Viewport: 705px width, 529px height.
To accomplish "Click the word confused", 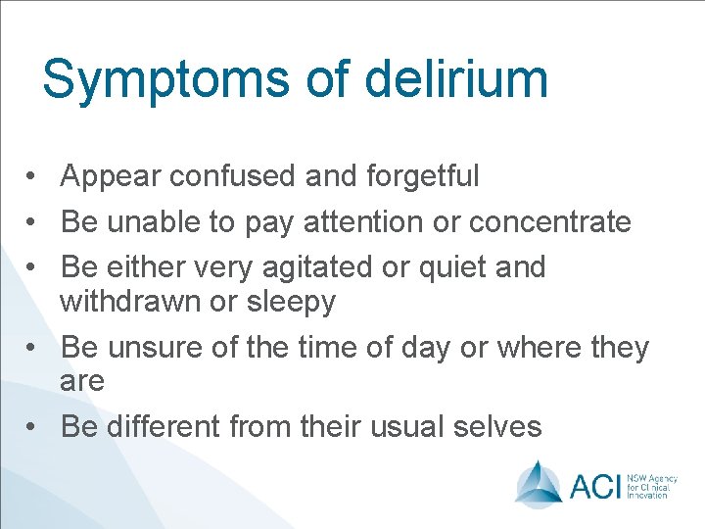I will point(231,176).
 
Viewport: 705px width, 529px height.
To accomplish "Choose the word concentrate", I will point(550,222).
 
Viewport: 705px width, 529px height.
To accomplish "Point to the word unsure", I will point(148,348).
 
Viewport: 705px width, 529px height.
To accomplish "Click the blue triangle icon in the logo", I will point(538,482).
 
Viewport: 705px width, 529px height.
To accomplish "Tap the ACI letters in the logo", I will point(597,483).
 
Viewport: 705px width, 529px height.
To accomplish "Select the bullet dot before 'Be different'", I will point(32,428).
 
